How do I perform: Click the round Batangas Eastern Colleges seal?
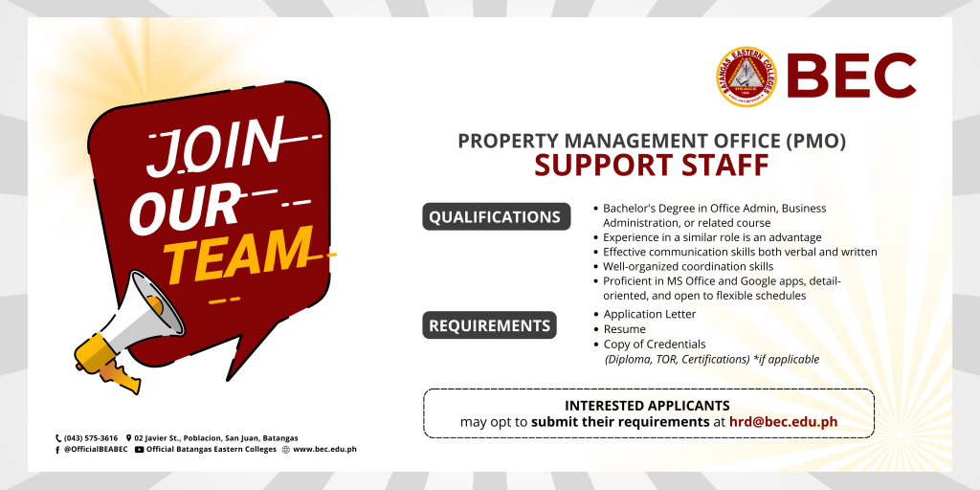pos(746,77)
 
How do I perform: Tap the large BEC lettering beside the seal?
pos(851,76)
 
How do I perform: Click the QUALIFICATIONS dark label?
pos(497,217)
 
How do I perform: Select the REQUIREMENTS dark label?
pos(489,325)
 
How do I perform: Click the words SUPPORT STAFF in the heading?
pos(651,166)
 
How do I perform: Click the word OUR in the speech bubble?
pos(185,207)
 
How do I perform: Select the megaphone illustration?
pos(128,331)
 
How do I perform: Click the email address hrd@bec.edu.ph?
pos(783,422)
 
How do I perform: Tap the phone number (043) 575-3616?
pos(91,438)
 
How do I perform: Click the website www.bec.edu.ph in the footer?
pos(324,450)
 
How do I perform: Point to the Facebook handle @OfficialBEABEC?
pos(96,450)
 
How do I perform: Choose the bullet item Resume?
pos(624,329)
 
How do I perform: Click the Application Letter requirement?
pos(650,314)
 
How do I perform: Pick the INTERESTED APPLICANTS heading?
pos(647,406)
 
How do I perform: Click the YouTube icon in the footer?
pos(139,450)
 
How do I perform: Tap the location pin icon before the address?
pos(129,438)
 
